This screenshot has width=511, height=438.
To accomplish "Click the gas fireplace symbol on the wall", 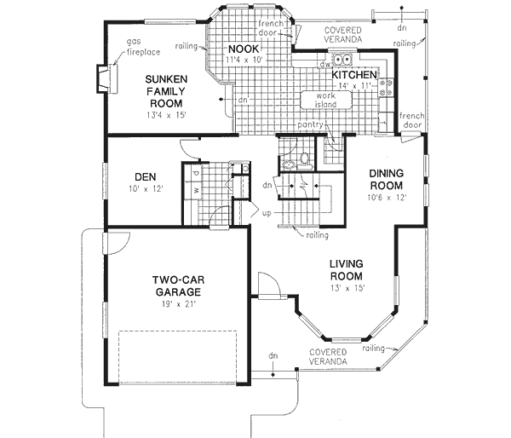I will point(103,78).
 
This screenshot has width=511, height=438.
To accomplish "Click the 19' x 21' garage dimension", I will point(176,305).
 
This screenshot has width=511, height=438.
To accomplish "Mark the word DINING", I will point(387,174).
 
